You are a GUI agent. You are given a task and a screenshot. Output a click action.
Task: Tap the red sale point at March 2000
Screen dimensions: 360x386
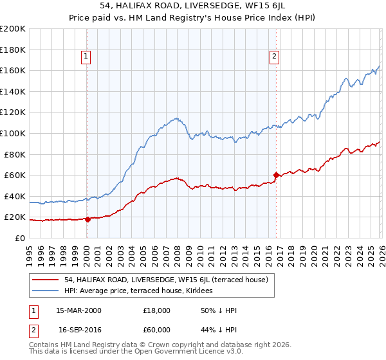point(87,219)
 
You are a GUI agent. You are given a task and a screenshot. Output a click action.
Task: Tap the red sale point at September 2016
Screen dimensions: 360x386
point(276,175)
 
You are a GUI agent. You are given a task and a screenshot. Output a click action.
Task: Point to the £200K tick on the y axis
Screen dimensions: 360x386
point(13,29)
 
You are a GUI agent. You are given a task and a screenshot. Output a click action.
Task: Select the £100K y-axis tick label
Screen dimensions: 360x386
point(13,133)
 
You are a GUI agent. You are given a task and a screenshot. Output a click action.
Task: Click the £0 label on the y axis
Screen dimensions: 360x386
point(21,238)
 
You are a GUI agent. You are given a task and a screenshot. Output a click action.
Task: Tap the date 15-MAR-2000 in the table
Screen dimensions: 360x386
point(78,310)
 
